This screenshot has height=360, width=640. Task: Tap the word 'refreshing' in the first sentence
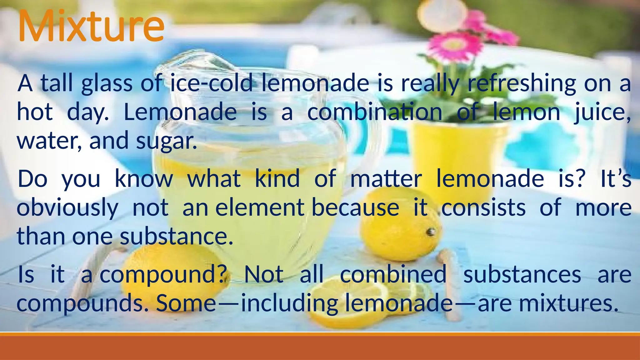[522, 83]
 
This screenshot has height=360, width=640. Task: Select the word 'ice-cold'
[211, 83]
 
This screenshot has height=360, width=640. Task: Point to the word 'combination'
[375, 112]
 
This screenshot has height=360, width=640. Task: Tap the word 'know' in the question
[144, 179]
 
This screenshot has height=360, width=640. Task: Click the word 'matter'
[386, 179]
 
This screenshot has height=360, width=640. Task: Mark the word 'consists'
[483, 207]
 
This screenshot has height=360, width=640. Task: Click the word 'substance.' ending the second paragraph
[177, 237]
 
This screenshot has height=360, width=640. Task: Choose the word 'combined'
[393, 274]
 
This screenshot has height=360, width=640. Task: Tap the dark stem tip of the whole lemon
[432, 232]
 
